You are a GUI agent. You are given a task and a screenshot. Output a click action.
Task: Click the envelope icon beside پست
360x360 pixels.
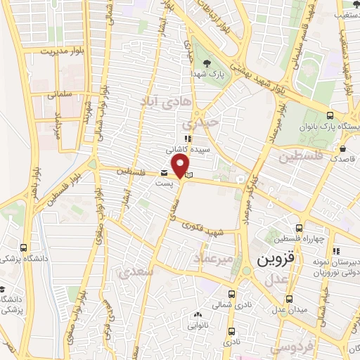coord(165,173)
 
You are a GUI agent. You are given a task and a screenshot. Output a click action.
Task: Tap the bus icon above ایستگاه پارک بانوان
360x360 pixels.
coord(330,116)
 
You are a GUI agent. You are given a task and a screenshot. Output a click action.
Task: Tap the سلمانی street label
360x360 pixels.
coord(61,93)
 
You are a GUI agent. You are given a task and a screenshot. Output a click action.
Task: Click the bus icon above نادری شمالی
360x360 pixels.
coord(232,295)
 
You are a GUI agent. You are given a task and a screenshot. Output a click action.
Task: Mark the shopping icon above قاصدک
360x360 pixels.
coord(342,149)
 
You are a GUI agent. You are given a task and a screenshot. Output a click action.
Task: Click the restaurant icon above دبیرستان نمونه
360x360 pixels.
coord(336,251)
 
